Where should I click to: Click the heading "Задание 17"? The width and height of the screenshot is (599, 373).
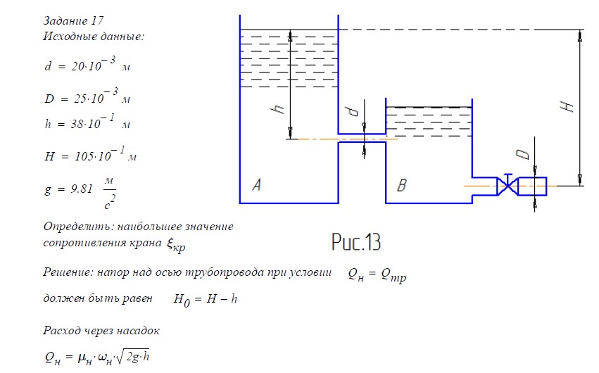click(74, 21)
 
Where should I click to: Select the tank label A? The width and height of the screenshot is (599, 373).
click(257, 185)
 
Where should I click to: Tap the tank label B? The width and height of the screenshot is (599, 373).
click(402, 186)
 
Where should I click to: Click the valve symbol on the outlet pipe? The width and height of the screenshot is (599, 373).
click(506, 186)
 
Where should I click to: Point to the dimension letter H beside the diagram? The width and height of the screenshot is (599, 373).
click(569, 106)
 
